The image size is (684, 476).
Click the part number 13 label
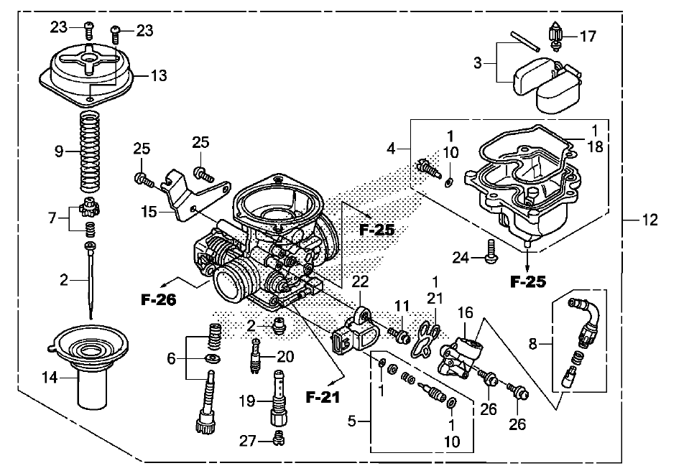(159, 75)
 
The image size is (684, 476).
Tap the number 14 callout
(50, 378)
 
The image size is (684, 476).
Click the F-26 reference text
(159, 299)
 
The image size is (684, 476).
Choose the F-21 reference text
(323, 397)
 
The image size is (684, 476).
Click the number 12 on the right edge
(650, 220)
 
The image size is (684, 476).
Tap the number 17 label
(588, 36)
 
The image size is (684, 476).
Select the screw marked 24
(491, 251)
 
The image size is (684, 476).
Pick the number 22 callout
(361, 281)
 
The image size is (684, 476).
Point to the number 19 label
(247, 401)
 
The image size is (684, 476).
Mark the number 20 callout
(286, 357)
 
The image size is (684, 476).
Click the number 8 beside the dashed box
(532, 344)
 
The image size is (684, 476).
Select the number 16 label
(466, 312)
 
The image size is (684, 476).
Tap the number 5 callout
(352, 421)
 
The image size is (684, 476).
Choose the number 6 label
(171, 358)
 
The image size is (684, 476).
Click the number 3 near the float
(478, 63)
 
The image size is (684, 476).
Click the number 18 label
(595, 147)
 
